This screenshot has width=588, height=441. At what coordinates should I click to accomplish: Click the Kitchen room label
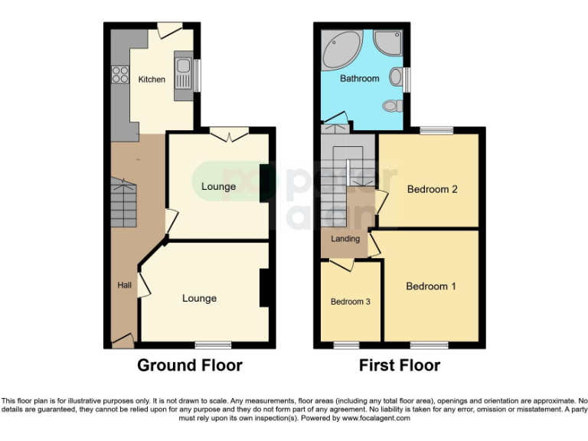151,79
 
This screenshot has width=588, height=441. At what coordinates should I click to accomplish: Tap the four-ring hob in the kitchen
120,74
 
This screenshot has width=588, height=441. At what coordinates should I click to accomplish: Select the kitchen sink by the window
183,74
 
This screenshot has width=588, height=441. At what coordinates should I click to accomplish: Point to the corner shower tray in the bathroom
388,44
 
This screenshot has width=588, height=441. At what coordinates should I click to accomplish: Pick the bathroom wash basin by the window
396,77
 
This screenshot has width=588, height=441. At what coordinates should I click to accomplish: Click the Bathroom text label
359,79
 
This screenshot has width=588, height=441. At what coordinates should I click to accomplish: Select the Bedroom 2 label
432,189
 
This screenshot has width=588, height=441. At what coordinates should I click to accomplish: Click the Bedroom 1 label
431,286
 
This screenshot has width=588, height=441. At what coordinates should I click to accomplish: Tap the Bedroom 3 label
350,302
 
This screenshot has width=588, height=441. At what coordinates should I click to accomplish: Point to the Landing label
345,239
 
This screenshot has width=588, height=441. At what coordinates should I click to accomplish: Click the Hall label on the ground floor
124,286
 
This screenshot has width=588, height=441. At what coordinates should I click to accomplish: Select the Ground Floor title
189,365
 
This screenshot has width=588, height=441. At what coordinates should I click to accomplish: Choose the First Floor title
400,365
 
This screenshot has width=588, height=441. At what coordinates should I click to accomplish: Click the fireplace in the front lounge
264,289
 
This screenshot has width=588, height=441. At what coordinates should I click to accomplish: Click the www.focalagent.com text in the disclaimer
376,418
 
